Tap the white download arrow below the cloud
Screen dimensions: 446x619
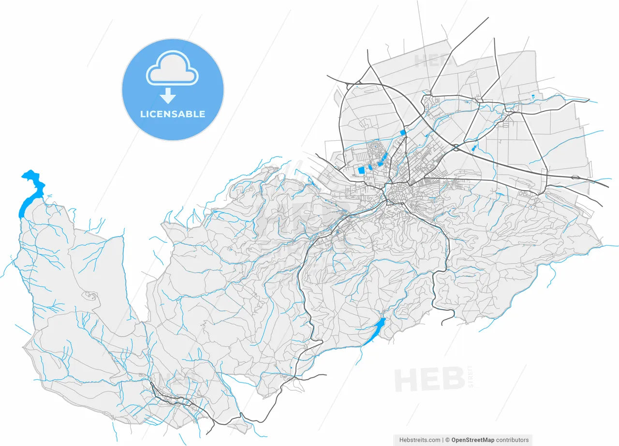tap(168, 96)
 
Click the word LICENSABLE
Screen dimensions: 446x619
tap(173, 115)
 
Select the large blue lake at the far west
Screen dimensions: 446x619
tap(32, 191)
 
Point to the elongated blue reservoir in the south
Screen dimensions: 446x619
tap(375, 331)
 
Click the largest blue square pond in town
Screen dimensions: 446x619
tap(361, 170)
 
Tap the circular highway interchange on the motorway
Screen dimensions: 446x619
tap(456, 148)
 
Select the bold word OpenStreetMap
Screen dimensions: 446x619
tap(472, 440)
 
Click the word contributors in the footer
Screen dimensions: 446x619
tap(513, 440)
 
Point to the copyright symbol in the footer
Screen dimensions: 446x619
tap(448, 440)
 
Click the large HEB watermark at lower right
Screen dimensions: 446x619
tap(430, 379)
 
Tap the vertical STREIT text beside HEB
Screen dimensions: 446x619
tap(472, 378)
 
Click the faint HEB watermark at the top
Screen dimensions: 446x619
tap(434, 60)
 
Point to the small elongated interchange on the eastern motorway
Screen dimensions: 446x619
tap(575, 178)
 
